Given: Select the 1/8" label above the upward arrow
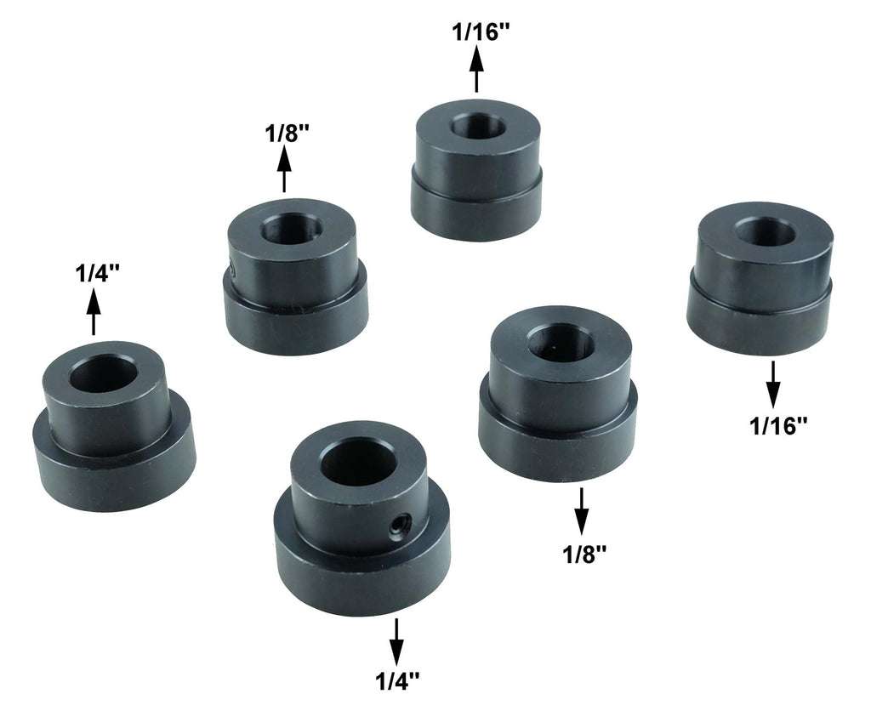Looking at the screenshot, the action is (287, 134).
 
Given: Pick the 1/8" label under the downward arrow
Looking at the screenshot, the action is (584, 554).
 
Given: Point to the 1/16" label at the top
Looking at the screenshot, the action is (481, 33).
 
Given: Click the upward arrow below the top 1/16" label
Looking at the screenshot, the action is (476, 69).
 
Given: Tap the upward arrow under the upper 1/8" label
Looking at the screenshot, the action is (284, 169).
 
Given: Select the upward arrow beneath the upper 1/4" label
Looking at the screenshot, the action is (94, 312).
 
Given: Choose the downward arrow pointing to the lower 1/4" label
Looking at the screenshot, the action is (396, 641).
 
